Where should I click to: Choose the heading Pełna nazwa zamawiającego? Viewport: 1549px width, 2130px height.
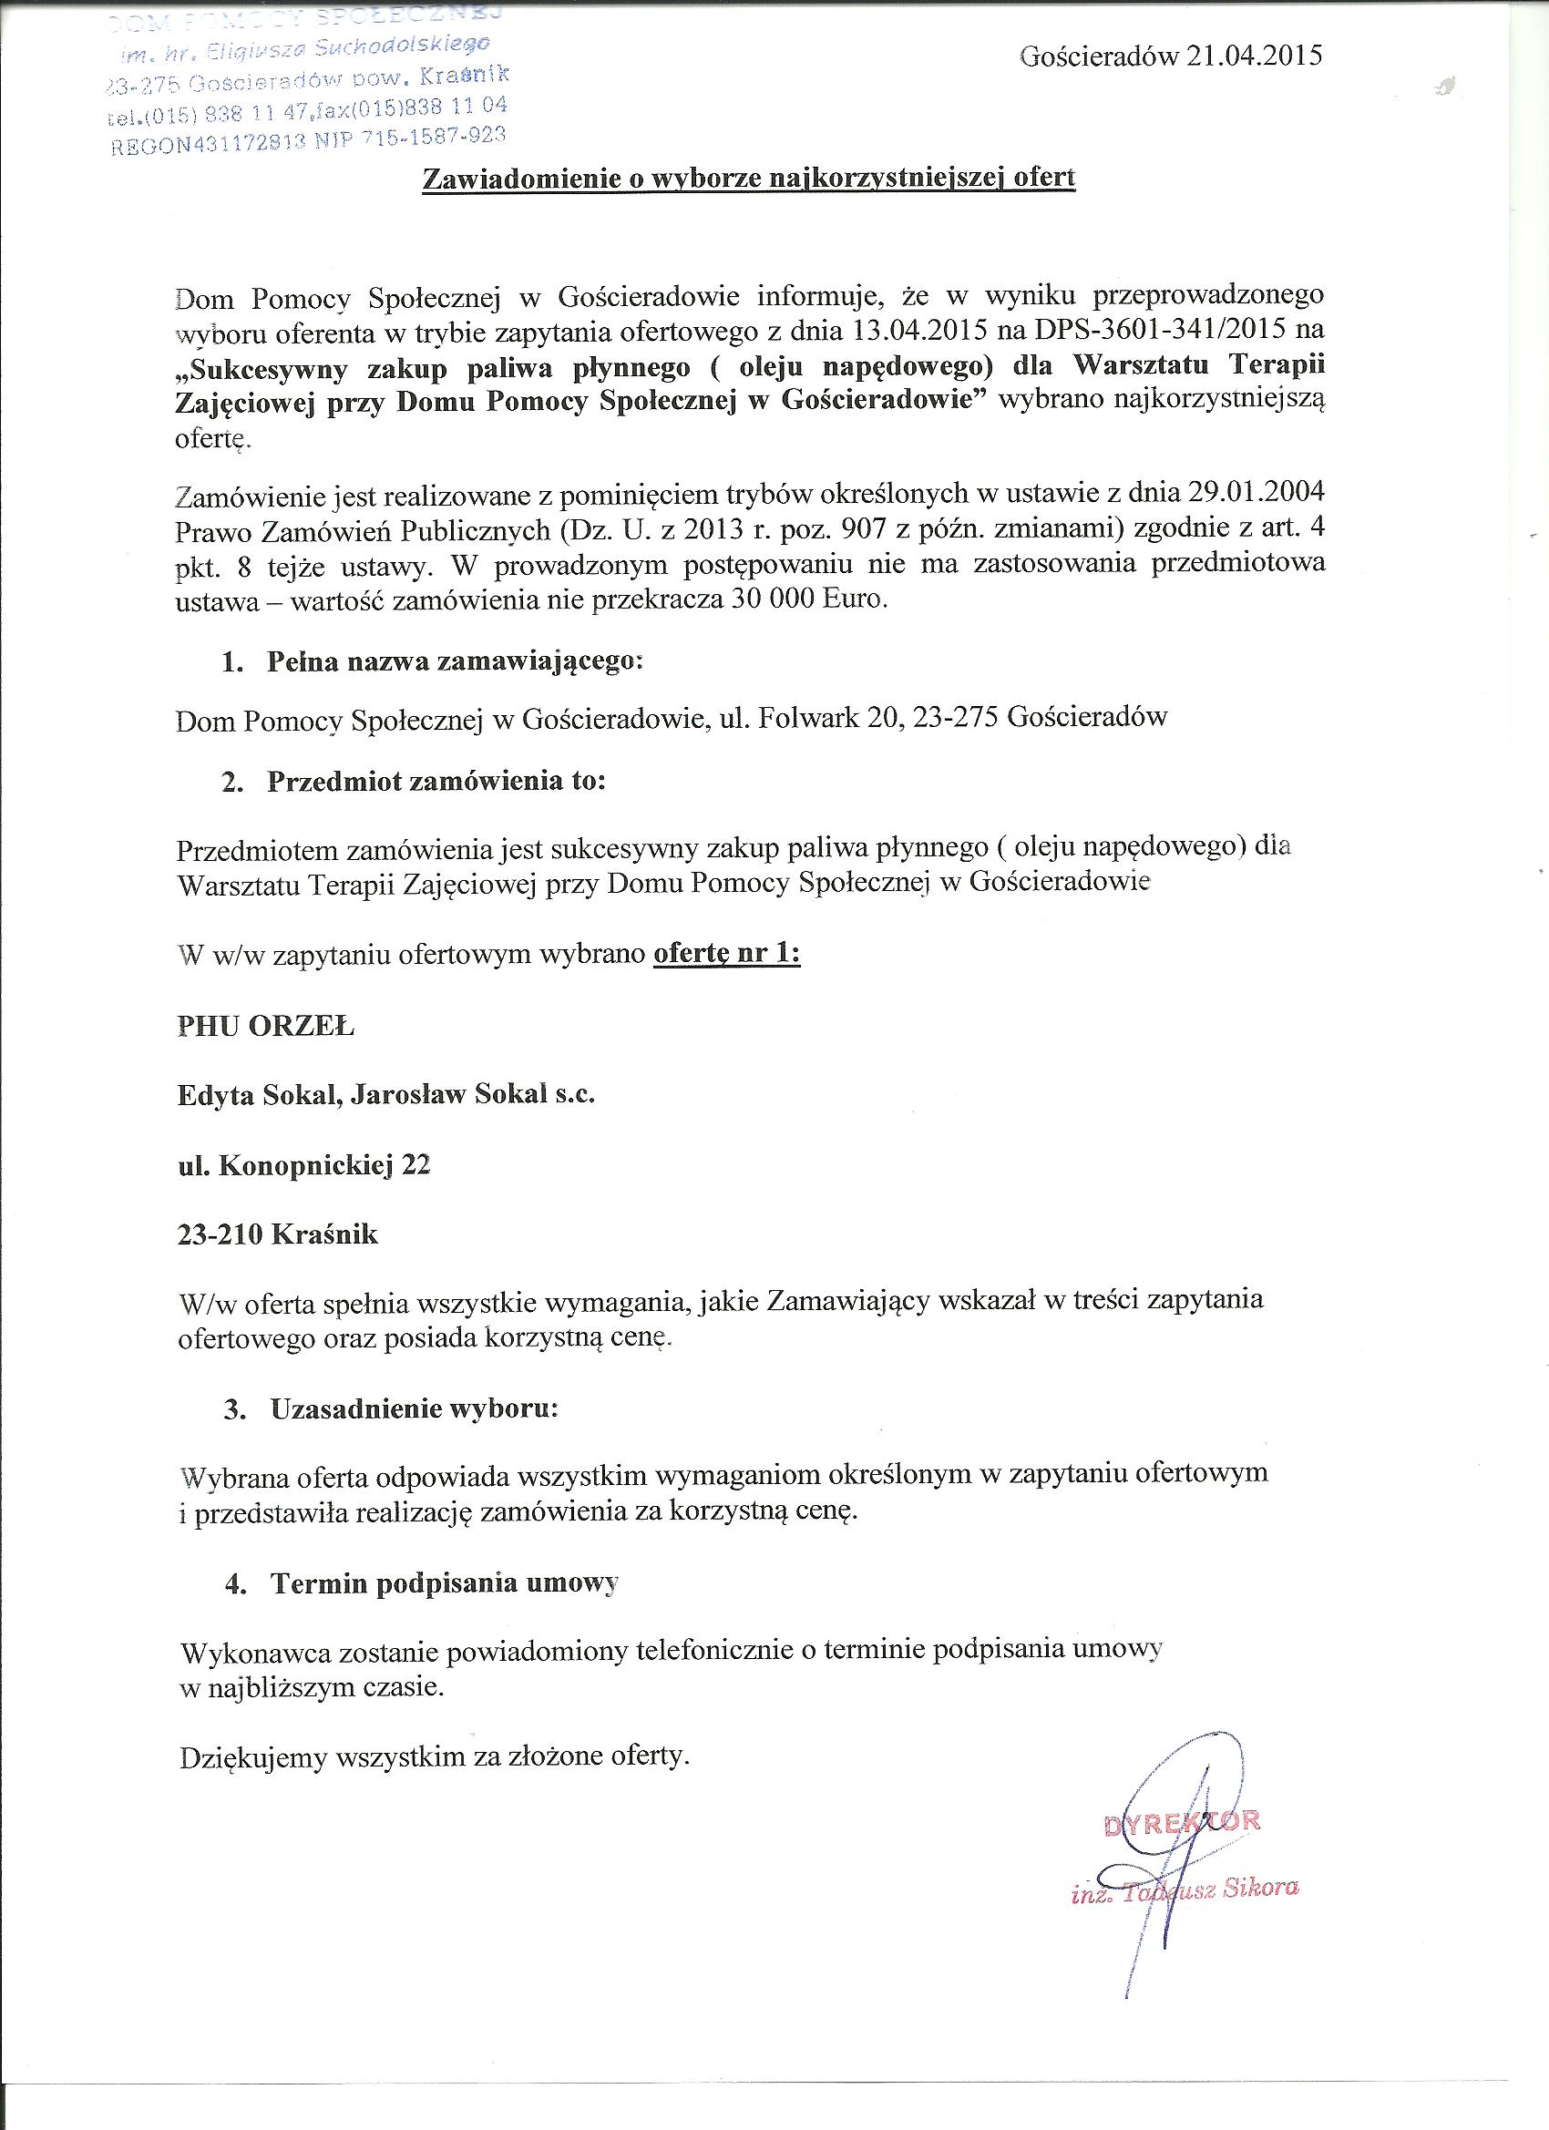pyautogui.click(x=455, y=661)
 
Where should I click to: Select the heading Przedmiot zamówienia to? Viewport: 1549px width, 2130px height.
pyautogui.click(x=436, y=782)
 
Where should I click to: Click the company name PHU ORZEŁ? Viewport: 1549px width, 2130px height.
pyautogui.click(x=266, y=1027)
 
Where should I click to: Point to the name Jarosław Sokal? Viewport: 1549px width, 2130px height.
pyautogui.click(x=448, y=1095)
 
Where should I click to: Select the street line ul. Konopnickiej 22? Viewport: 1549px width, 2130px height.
pyautogui.click(x=303, y=1164)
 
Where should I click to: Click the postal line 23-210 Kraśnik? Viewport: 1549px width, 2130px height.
pyautogui.click(x=277, y=1234)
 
